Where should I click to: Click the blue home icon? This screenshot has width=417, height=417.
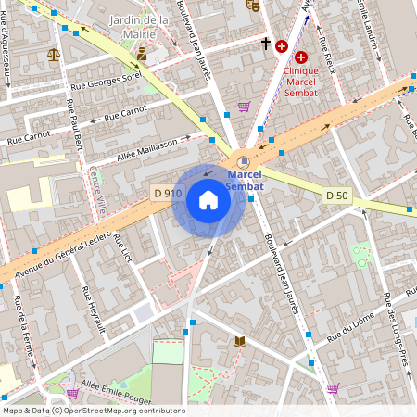(x=208, y=200)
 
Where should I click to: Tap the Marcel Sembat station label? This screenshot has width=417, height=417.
(x=246, y=180)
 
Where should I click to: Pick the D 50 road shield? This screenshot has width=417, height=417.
(x=337, y=195)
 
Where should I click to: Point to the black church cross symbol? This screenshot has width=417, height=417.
(x=265, y=44)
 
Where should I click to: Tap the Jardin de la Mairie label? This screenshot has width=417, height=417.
(x=138, y=27)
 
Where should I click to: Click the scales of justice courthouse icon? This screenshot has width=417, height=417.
(x=54, y=54)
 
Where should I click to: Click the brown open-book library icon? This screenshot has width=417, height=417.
(x=240, y=342)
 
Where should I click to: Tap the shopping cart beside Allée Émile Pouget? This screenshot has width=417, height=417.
(x=72, y=393)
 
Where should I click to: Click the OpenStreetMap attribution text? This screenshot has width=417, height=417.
(x=93, y=411)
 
